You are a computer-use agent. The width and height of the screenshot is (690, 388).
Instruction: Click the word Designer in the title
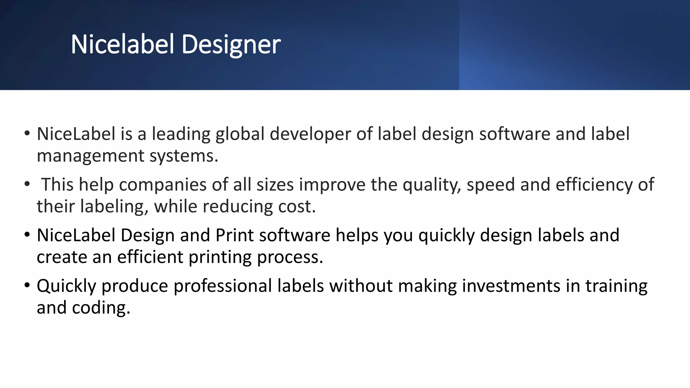[x=231, y=45]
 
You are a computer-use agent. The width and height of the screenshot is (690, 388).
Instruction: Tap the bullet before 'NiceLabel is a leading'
[x=27, y=133]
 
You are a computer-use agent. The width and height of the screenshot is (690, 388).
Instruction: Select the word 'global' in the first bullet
[x=240, y=134]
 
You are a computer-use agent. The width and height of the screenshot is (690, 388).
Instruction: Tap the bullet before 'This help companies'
[x=27, y=184]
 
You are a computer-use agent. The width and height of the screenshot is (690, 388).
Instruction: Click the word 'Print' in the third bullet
[x=234, y=235]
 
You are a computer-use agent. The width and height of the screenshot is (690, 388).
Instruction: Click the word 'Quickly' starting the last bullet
[x=66, y=286]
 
